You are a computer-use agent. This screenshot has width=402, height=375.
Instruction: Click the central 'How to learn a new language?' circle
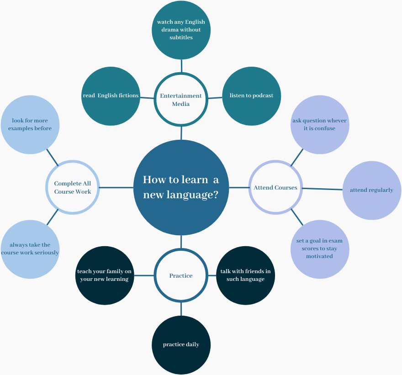[181, 187]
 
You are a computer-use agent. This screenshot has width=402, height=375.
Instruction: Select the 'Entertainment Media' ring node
[181, 100]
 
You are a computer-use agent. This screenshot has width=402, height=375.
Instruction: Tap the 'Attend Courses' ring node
[275, 187]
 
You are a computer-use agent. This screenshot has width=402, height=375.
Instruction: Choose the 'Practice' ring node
[181, 275]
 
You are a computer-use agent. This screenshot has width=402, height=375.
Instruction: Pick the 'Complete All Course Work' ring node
[73, 187]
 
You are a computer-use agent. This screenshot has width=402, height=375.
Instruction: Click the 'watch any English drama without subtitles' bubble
[181, 30]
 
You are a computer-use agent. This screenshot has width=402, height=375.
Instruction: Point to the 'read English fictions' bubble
[111, 96]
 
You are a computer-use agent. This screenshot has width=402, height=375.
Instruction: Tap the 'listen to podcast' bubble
[251, 96]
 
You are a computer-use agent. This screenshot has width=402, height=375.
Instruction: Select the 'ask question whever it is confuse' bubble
[320, 125]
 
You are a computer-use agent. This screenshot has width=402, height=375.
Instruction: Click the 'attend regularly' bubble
[371, 190]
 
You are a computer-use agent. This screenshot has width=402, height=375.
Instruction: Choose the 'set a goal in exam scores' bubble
[320, 249]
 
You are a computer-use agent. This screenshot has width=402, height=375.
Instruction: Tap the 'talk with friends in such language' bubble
[245, 275]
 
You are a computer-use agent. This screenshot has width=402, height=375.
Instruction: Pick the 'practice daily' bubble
[181, 344]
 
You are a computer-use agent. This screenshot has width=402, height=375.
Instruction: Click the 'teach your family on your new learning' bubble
[105, 275]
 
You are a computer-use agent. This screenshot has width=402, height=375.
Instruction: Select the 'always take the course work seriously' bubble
[30, 249]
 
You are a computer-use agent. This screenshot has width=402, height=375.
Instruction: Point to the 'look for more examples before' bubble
[30, 125]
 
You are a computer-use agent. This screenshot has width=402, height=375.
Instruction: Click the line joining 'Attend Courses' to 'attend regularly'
[323, 189]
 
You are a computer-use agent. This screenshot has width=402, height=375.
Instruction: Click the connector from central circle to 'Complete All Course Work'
[116, 187]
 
